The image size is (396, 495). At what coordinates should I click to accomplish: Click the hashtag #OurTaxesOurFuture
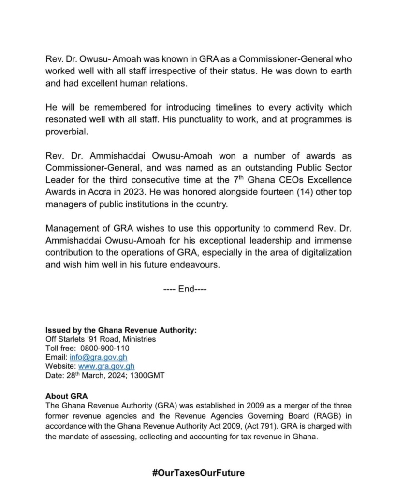[198, 473]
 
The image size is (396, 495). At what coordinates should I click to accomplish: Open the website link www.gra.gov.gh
[106, 366]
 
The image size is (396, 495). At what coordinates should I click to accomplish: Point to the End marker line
[186, 289]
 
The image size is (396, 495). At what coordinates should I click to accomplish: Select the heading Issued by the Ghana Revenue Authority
[121, 330]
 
